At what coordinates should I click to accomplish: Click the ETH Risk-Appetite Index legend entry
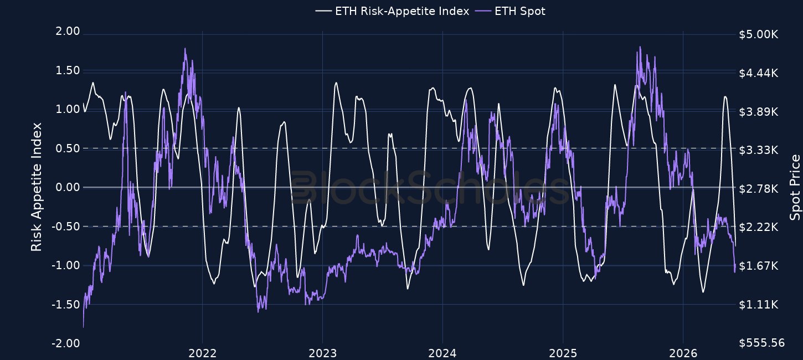tap(392, 11)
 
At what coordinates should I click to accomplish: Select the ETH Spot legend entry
tap(510, 11)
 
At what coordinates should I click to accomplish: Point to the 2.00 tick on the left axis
tap(68, 31)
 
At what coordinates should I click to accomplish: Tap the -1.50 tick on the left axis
tap(65, 305)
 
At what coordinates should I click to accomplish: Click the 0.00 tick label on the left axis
tap(68, 187)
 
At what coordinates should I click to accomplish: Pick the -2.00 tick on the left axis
tap(65, 343)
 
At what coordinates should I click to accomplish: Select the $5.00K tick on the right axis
tap(759, 34)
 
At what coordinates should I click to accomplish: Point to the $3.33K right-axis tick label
tap(759, 150)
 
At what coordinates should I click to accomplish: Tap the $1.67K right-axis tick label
tap(759, 266)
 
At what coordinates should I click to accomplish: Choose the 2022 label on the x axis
tap(203, 353)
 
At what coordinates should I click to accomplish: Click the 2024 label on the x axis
tap(442, 353)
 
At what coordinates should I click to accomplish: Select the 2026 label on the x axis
tap(683, 353)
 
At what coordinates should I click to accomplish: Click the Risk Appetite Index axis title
tap(37, 187)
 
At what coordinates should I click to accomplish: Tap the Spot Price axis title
tap(795, 187)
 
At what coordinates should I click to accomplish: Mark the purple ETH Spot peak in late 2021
tap(185, 48)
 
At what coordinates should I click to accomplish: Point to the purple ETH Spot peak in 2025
tap(640, 47)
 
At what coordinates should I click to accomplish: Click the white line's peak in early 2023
tap(336, 83)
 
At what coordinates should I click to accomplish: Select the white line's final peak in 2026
tap(725, 96)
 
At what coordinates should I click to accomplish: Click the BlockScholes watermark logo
tap(429, 187)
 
